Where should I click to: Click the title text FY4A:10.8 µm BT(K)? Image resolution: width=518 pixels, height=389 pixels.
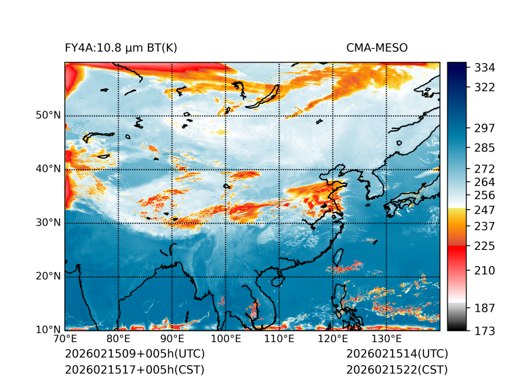121,48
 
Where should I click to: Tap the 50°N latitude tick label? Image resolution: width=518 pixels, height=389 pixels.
47,115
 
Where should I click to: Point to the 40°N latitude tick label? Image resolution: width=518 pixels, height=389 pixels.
47,169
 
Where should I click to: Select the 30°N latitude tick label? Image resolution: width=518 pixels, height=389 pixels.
47,223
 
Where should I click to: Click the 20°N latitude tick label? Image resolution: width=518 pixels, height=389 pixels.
47,276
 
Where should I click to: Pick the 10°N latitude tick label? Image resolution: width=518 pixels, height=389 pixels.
47,330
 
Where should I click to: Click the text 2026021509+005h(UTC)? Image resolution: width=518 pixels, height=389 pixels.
134,354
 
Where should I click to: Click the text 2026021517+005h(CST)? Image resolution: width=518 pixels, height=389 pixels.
134,370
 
